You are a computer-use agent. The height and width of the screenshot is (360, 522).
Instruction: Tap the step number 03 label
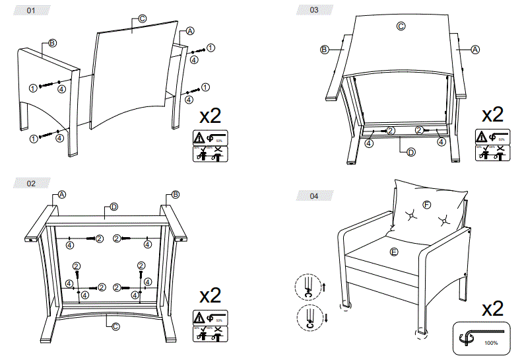[x=313, y=10]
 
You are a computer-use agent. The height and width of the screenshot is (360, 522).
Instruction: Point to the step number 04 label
[x=313, y=196]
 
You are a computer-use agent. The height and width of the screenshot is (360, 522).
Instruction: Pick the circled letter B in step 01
[x=52, y=44]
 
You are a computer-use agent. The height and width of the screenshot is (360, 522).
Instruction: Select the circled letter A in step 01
[x=190, y=31]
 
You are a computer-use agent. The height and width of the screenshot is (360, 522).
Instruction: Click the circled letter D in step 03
[x=410, y=153]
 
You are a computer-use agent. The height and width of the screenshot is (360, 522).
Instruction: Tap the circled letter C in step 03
[x=401, y=26]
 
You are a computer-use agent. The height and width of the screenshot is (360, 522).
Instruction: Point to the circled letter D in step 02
[x=114, y=207]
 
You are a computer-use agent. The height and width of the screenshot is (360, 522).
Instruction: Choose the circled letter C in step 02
[x=114, y=326]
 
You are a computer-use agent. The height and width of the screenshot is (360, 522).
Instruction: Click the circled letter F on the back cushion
[x=426, y=205]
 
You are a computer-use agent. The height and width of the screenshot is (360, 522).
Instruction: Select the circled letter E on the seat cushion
[x=394, y=252]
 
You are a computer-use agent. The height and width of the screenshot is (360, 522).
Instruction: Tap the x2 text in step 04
[x=494, y=308]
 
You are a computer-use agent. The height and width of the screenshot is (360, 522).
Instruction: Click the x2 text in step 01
[x=210, y=116]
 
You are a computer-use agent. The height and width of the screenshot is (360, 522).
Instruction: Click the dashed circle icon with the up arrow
[x=307, y=287]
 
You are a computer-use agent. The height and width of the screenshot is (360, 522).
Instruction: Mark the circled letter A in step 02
[x=62, y=194]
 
